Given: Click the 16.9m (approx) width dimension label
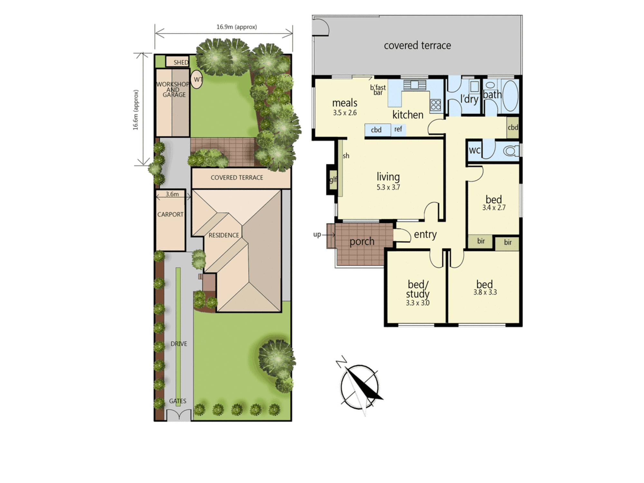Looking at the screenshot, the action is coord(237,27).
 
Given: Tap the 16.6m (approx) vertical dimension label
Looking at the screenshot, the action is coord(136,110).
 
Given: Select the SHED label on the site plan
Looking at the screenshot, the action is coord(181,62).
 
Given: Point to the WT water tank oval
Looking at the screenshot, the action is coord(197,79).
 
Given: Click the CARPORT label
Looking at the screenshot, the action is coord(170,214).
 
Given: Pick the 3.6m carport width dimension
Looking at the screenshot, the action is coord(172,194).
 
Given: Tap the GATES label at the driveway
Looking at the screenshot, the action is coord(178,401).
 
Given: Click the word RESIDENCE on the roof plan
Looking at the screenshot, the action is coord(224,235).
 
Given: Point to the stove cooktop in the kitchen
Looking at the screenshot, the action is coord(436,105).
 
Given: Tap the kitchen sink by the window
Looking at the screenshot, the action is coord(415,85).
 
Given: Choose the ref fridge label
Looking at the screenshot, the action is coord(398,129).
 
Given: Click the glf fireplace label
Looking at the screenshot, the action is coord(333,179).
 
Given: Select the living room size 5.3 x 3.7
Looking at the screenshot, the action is coord(388,187).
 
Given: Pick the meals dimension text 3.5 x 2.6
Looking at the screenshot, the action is coord(345,113).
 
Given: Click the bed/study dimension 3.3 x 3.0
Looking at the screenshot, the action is coord(418,303).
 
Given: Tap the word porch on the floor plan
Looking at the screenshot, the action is coord(362,241).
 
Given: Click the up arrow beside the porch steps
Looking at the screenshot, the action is coord(329,235).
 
